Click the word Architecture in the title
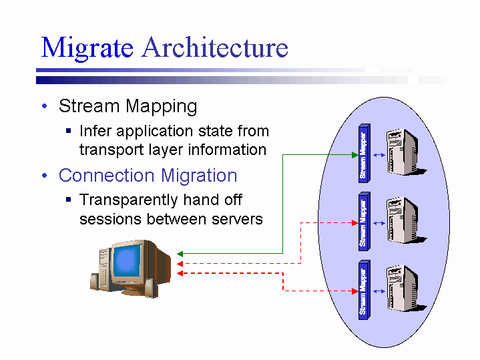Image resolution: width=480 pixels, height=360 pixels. [215, 48]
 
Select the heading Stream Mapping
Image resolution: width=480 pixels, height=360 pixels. [128, 106]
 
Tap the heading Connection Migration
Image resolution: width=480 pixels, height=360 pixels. [148, 176]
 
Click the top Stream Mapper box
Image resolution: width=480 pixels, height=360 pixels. [363, 152]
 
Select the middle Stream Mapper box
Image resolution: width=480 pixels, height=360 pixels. [363, 221]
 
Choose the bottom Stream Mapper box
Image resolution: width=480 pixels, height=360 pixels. [363, 291]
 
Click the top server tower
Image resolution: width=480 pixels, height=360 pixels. [403, 152]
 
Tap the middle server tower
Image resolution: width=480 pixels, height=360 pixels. [403, 221]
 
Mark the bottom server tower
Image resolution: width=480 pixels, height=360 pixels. [403, 290]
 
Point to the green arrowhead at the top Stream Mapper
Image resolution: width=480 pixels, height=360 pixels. [354, 155]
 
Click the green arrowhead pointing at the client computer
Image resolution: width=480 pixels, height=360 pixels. [180, 254]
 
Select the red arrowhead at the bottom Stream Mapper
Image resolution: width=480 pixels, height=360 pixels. [354, 291]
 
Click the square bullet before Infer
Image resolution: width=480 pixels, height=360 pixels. [69, 131]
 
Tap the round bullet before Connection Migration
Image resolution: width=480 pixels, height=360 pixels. [44, 176]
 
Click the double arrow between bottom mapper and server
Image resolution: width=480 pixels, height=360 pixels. [379, 291]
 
